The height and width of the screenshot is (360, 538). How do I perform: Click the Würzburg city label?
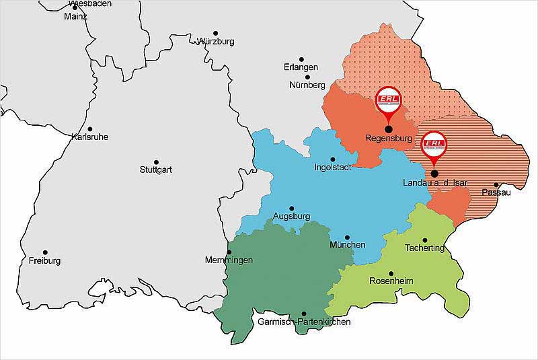pos(216,42)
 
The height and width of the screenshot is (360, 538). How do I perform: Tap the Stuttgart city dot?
pos(156,162)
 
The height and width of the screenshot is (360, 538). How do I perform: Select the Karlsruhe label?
pos(89,137)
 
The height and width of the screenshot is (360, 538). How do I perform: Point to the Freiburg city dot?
pos(45,252)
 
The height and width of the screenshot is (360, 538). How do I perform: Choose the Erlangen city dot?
pos(301,60)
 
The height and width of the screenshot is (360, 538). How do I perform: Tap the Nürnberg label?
pos(307,85)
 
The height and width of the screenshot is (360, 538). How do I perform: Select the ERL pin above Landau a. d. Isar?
pos(434,145)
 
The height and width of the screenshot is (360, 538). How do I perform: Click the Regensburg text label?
pos(387,139)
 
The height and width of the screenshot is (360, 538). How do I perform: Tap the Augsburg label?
pos(291,217)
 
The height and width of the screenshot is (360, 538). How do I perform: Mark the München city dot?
pos(347,237)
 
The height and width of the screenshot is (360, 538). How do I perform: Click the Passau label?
pos(496,193)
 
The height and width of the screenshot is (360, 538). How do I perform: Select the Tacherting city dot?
pos(424,240)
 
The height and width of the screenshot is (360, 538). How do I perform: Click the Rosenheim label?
pos(391,281)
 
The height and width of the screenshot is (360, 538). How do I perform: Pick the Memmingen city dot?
pos(229,252)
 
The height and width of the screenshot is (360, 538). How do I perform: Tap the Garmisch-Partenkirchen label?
pos(304,322)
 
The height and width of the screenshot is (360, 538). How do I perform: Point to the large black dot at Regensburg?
pos(388,129)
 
